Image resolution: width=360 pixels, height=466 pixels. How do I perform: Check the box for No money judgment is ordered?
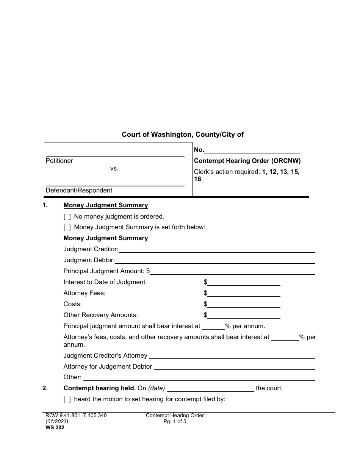click(x=67, y=217)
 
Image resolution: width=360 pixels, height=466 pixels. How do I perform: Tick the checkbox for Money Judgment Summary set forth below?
click(x=67, y=227)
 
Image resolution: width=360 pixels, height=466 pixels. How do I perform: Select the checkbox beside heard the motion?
click(x=67, y=399)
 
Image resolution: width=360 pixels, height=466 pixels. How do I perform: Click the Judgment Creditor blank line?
click(x=216, y=250)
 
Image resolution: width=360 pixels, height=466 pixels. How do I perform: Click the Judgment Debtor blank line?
click(x=214, y=261)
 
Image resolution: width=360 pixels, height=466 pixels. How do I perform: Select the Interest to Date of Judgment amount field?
click(x=244, y=283)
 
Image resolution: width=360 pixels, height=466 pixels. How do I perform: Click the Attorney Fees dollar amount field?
click(x=244, y=294)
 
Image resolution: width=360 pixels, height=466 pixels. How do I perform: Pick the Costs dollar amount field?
click(x=244, y=304)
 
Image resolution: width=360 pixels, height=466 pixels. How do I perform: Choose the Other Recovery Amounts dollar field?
click(x=244, y=315)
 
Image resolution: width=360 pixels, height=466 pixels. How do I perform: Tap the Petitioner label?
click(x=59, y=161)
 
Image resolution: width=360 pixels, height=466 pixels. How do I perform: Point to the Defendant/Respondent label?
click(x=79, y=191)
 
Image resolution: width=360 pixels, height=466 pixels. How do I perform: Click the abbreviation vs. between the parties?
click(x=114, y=169)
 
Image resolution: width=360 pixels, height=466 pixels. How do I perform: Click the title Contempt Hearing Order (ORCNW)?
click(x=247, y=161)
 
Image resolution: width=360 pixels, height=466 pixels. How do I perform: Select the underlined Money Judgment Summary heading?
click(x=106, y=205)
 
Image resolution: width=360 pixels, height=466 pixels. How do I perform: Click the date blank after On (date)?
click(x=210, y=389)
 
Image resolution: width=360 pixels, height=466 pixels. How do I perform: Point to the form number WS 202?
click(x=52, y=428)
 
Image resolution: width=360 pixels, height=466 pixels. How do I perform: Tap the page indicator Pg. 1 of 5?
click(x=175, y=421)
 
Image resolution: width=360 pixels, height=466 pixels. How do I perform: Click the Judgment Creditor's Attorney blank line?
click(x=232, y=356)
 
